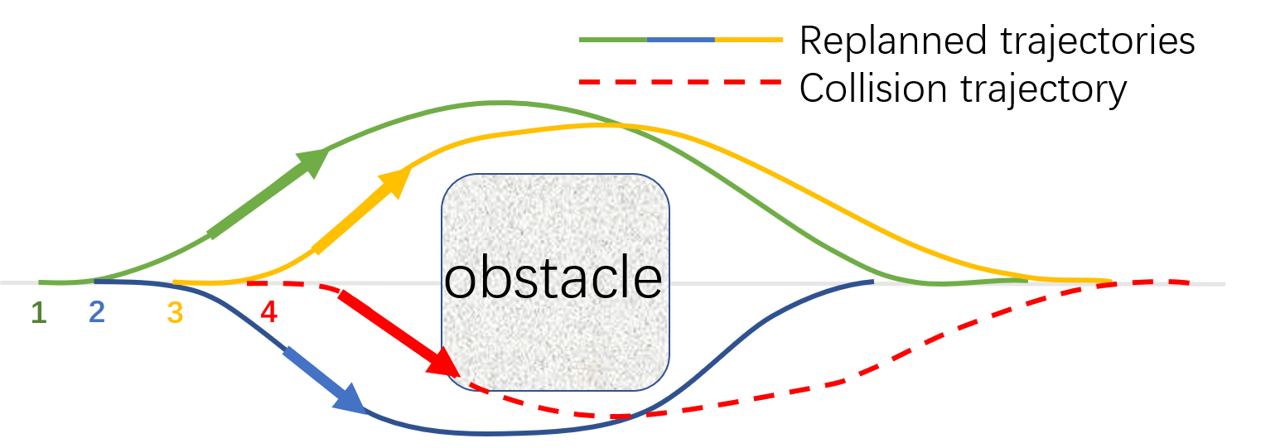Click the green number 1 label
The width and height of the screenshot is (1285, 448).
pyautogui.click(x=38, y=312)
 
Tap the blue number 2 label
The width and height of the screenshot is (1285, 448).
pyautogui.click(x=97, y=312)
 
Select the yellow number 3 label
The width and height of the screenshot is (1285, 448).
pyautogui.click(x=175, y=312)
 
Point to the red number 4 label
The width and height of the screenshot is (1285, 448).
pyautogui.click(x=268, y=312)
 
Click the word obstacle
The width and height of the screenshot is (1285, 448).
pyautogui.click(x=553, y=279)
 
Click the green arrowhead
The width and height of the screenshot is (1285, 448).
pyautogui.click(x=315, y=160)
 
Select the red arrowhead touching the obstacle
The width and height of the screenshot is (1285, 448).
pyautogui.click(x=443, y=364)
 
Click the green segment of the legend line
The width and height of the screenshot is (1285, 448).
pyautogui.click(x=613, y=39)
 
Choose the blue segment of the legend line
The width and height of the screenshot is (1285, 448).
pyautogui.click(x=680, y=39)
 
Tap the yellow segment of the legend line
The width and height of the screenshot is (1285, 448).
pyautogui.click(x=748, y=39)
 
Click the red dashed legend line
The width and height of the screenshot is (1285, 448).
pyautogui.click(x=680, y=82)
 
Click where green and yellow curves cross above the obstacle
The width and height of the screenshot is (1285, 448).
pyautogui.click(x=617, y=126)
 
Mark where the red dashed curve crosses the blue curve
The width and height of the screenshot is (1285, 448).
pyautogui.click(x=633, y=415)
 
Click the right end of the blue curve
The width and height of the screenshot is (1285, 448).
pyautogui.click(x=872, y=282)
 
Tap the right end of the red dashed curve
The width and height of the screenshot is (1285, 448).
pyautogui.click(x=1189, y=282)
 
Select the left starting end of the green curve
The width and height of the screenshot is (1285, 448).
pyautogui.click(x=40, y=282)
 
